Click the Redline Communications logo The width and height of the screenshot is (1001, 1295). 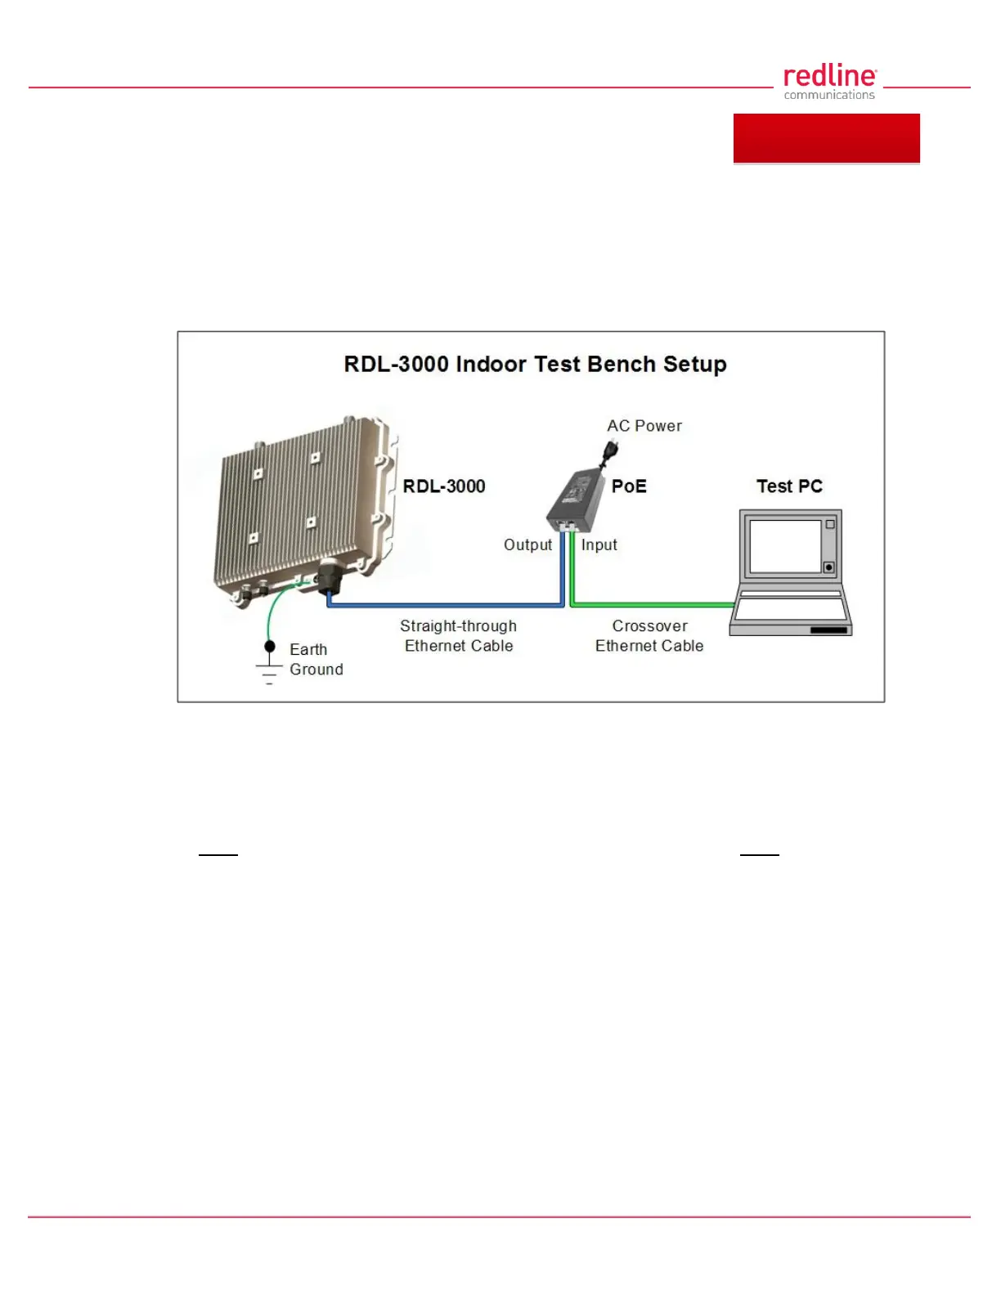tap(829, 82)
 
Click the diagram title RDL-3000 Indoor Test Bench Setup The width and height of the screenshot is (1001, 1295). tap(535, 364)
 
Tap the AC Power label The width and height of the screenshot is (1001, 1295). tap(644, 425)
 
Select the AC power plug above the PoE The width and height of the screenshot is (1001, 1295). tap(609, 453)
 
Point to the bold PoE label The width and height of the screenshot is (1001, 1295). tap(629, 486)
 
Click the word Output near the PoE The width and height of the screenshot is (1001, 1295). tap(527, 544)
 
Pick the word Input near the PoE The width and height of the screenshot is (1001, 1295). tap(599, 544)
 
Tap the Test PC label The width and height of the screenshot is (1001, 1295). tap(789, 486)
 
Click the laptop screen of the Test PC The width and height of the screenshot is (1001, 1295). tap(785, 546)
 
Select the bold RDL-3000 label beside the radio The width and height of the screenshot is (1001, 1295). tap(444, 486)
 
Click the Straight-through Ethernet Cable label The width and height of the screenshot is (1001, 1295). tap(459, 636)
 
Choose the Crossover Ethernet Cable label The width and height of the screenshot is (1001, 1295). tap(649, 636)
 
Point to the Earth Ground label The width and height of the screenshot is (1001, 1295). tap(316, 659)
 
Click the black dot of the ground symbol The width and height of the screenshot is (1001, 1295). tap(270, 647)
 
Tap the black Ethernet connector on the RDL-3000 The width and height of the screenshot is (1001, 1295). tap(329, 577)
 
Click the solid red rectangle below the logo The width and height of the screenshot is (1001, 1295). tap(826, 138)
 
